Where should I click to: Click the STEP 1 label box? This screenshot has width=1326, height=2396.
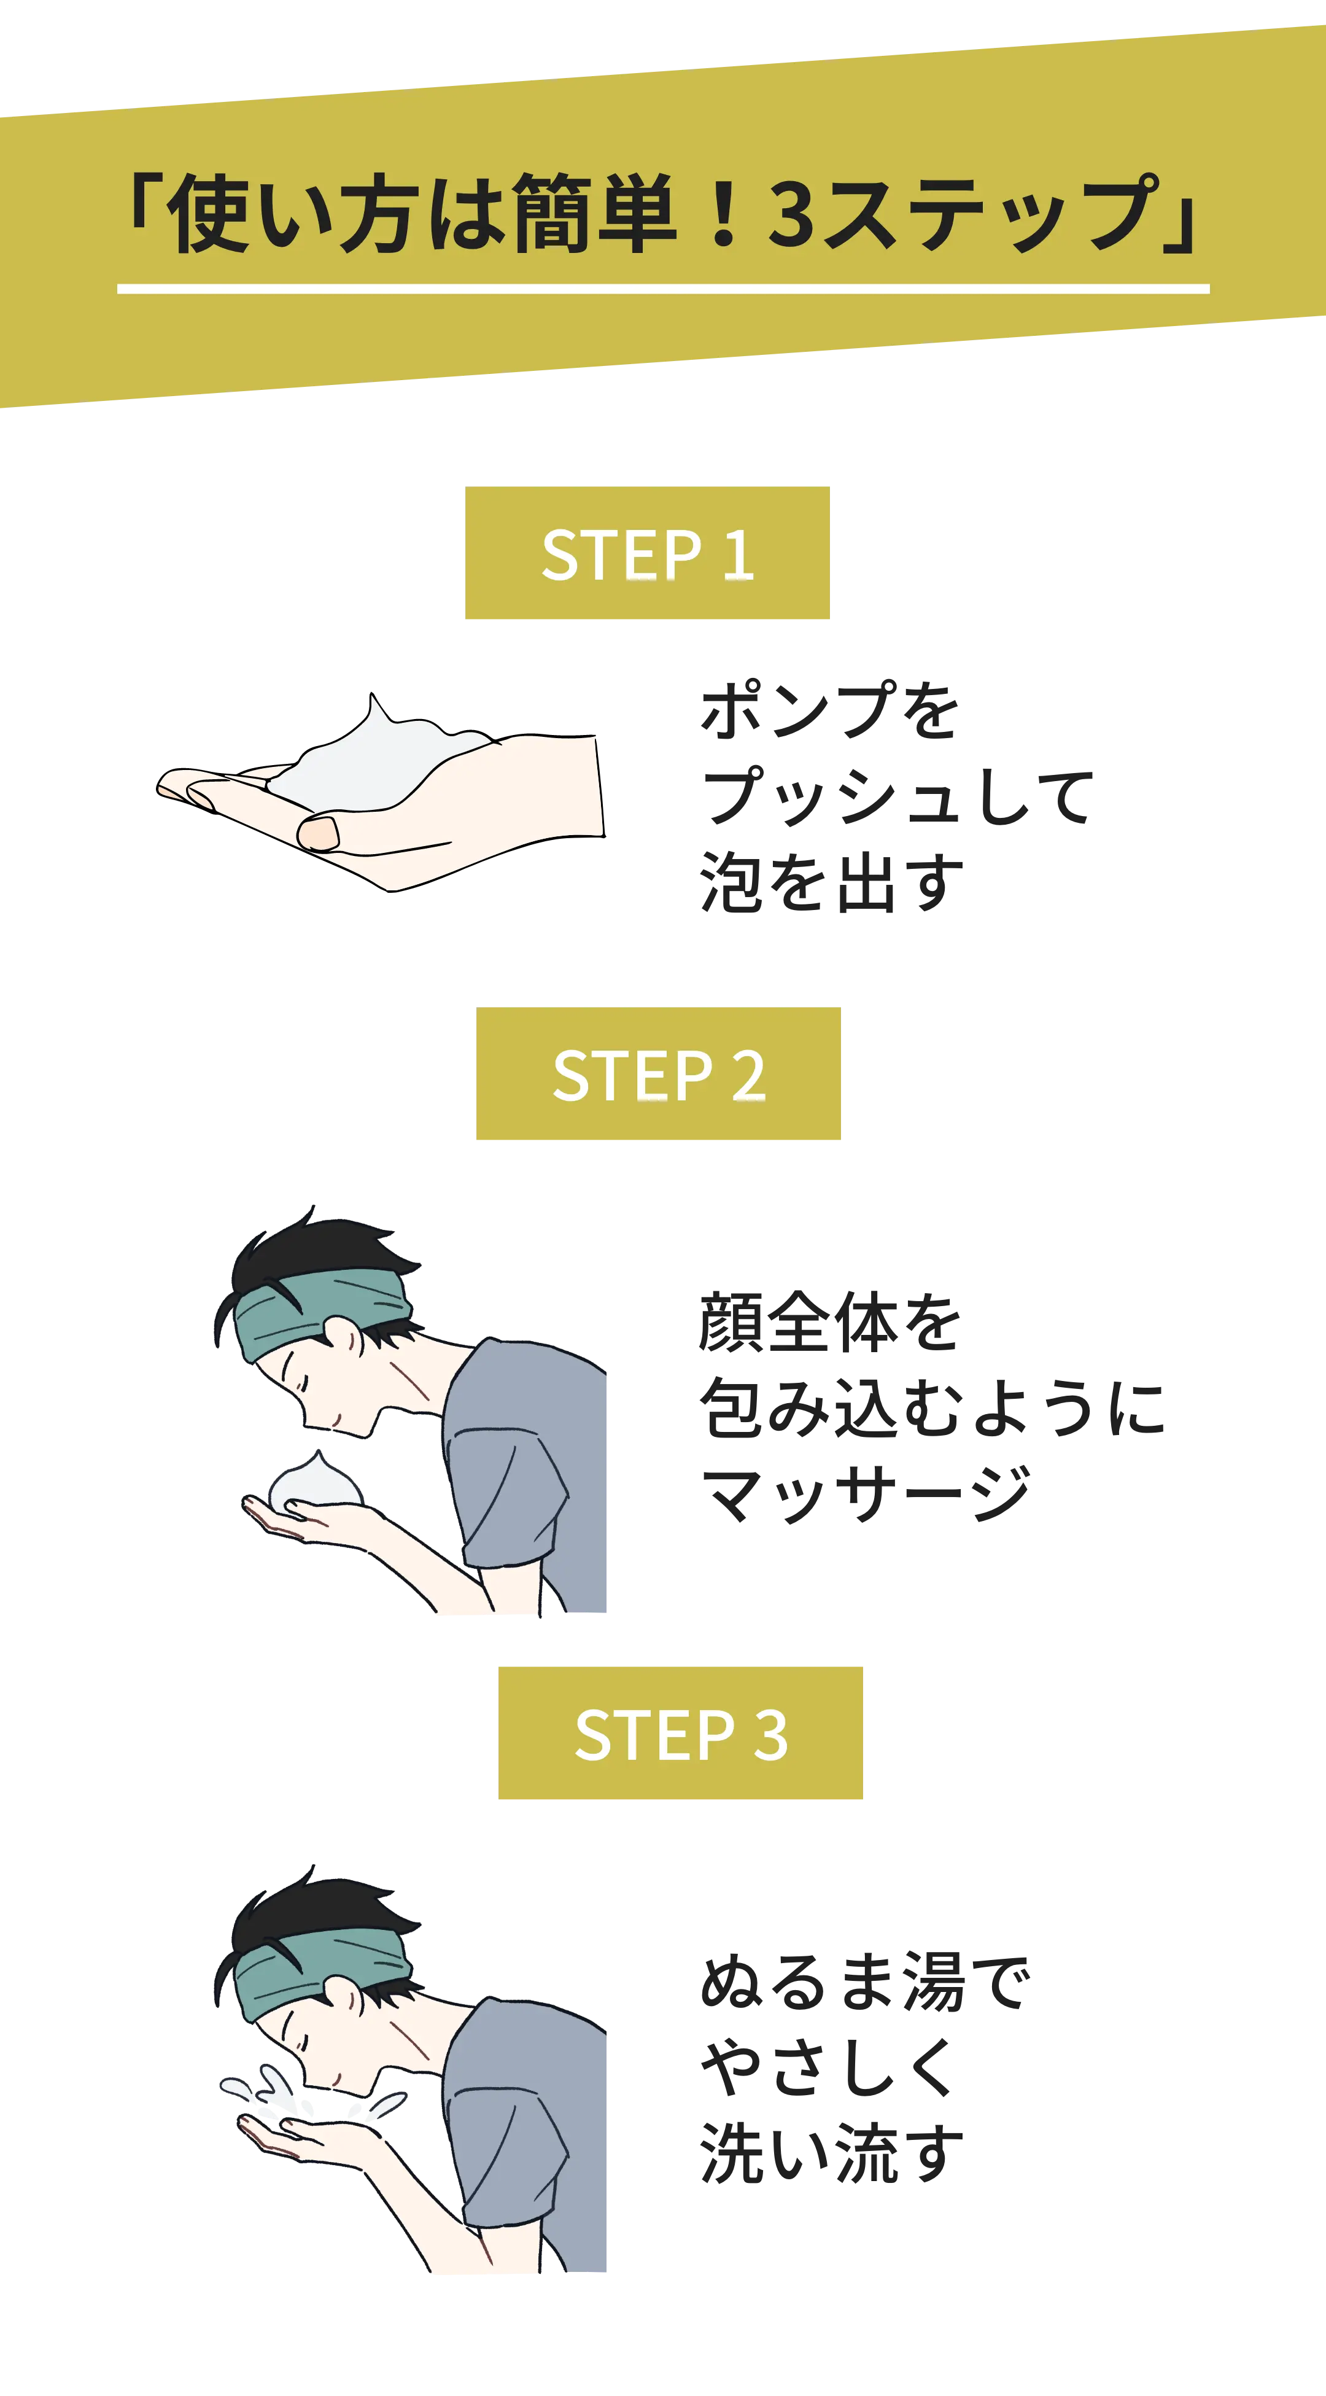pos(647,553)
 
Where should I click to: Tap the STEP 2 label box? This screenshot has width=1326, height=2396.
pos(658,1073)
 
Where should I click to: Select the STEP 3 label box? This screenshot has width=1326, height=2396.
pos(681,1733)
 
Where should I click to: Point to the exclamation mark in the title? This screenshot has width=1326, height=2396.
pos(723,214)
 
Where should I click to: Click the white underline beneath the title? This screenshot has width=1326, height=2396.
pos(663,289)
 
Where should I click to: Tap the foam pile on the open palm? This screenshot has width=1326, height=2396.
pos(376,758)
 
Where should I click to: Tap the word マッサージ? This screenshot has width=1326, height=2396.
pos(866,1494)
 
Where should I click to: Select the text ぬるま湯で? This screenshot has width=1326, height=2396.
pos(865,1981)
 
